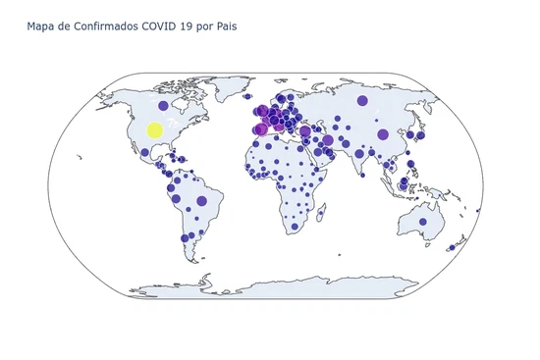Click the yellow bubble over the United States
click(154, 130)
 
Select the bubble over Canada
click(164, 105)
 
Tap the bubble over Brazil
click(201, 200)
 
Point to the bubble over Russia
click(362, 100)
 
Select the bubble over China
click(383, 134)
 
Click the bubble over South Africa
click(294, 227)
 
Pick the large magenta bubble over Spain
click(261, 129)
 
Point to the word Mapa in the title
click(41, 26)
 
